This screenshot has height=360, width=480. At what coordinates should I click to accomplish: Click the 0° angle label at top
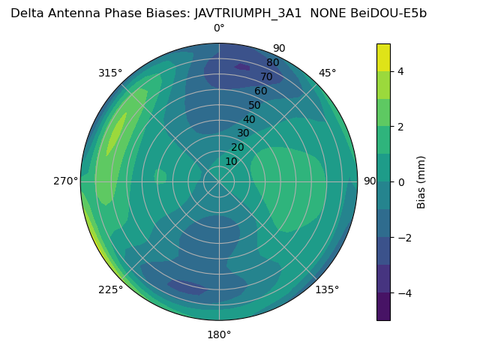(x=219, y=28)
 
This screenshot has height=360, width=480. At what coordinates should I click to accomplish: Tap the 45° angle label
(x=327, y=73)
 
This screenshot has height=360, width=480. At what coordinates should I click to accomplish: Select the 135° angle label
(x=327, y=289)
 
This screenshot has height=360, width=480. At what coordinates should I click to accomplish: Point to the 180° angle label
(x=219, y=334)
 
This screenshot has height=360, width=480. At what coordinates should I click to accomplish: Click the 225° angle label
(x=110, y=289)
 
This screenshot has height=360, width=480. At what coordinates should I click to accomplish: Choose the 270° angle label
(x=66, y=181)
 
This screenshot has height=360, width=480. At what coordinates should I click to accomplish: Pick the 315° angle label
(x=110, y=73)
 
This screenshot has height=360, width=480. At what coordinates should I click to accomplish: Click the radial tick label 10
(x=231, y=161)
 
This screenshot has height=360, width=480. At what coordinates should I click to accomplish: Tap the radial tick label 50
(x=254, y=105)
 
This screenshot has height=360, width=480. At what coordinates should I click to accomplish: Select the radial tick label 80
(x=272, y=62)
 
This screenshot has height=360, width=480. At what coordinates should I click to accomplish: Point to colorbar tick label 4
(x=400, y=71)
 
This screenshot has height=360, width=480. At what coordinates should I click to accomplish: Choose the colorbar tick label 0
(x=400, y=182)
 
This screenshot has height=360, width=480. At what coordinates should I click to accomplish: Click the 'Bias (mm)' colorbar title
(x=421, y=181)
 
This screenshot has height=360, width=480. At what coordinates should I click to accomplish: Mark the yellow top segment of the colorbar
(x=383, y=57)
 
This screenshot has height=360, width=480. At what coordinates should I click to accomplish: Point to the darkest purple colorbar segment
(x=383, y=307)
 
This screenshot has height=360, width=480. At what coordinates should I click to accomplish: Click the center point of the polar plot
(x=219, y=181)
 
